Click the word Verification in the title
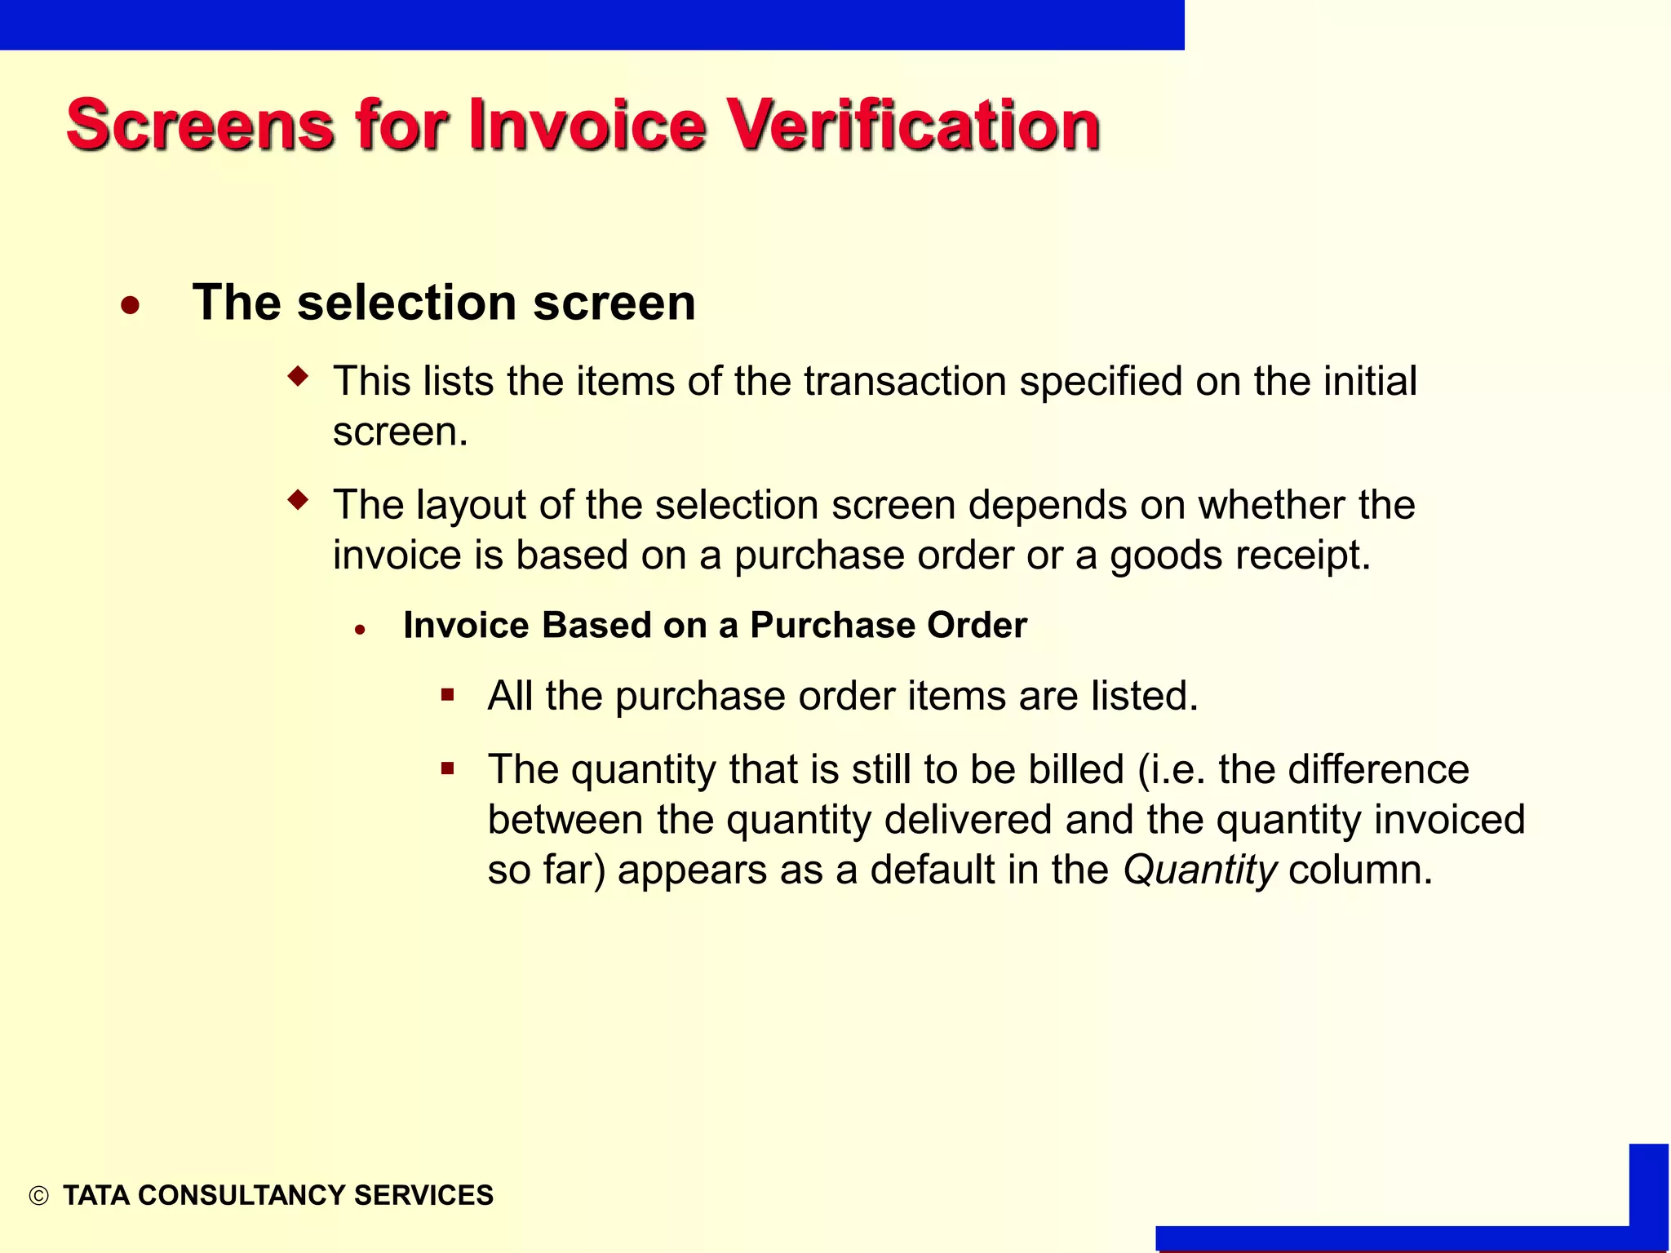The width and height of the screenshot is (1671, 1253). coord(913,126)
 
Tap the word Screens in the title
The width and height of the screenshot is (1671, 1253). coord(201,126)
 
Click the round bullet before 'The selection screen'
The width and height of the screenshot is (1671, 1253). coord(130,306)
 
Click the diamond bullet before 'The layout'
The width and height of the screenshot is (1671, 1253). coord(299,499)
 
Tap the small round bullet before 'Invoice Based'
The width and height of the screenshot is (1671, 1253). coord(360,630)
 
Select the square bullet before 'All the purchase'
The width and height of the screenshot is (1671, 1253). coord(447,695)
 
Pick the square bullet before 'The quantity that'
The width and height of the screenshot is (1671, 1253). coord(447,768)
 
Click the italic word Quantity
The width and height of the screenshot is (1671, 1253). coord(1199,870)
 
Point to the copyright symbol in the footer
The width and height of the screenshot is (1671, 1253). coord(38,1196)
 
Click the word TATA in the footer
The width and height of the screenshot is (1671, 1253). coord(96,1195)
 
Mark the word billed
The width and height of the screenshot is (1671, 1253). coord(1075,769)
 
